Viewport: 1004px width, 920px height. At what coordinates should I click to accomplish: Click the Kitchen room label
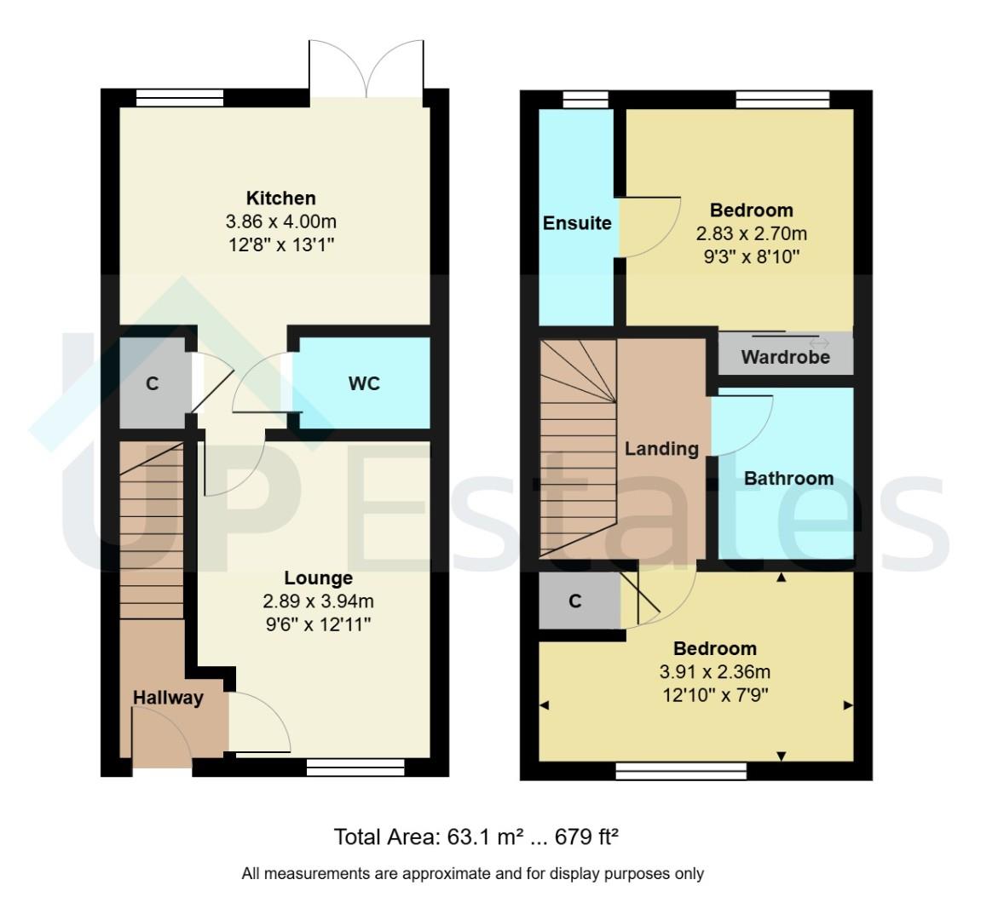(280, 198)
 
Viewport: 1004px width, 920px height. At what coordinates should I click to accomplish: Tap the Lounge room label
(318, 578)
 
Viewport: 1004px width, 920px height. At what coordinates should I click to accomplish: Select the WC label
(364, 384)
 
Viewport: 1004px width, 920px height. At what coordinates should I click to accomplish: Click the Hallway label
(168, 699)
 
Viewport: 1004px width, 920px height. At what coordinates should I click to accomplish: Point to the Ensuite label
(577, 223)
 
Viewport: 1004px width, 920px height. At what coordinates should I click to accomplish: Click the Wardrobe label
(785, 357)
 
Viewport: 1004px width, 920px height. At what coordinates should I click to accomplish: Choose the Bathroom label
(788, 479)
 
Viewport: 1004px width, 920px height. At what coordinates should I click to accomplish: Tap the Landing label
(661, 449)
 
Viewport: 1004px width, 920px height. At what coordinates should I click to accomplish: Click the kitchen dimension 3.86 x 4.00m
(280, 222)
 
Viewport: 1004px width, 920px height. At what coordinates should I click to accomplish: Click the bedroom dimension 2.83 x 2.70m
(751, 233)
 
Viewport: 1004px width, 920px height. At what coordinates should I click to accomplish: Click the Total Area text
(476, 837)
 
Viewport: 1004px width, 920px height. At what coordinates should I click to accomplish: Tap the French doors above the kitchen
(366, 68)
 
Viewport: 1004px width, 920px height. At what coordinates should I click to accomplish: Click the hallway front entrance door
(162, 737)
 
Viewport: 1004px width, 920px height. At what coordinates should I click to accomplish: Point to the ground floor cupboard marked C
(153, 384)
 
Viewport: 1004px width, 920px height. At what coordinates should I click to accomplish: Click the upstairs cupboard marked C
(575, 601)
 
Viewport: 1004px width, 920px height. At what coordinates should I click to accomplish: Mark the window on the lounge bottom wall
(355, 769)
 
